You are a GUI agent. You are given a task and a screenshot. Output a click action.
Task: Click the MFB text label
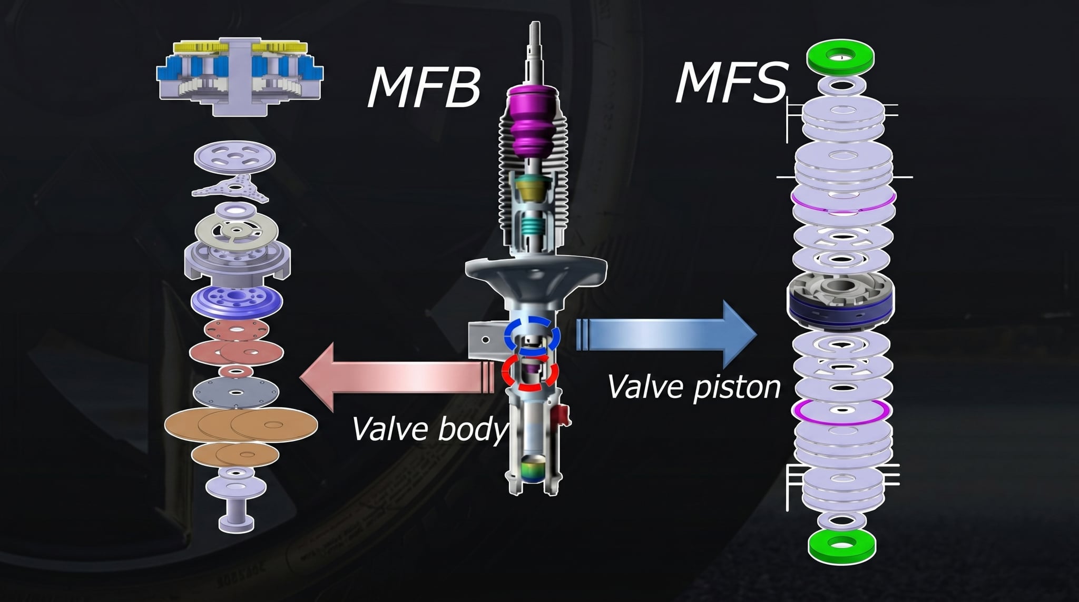click(424, 88)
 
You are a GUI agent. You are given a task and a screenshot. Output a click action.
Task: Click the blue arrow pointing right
click(666, 333)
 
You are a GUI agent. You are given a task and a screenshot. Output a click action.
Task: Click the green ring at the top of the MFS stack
click(840, 57)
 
